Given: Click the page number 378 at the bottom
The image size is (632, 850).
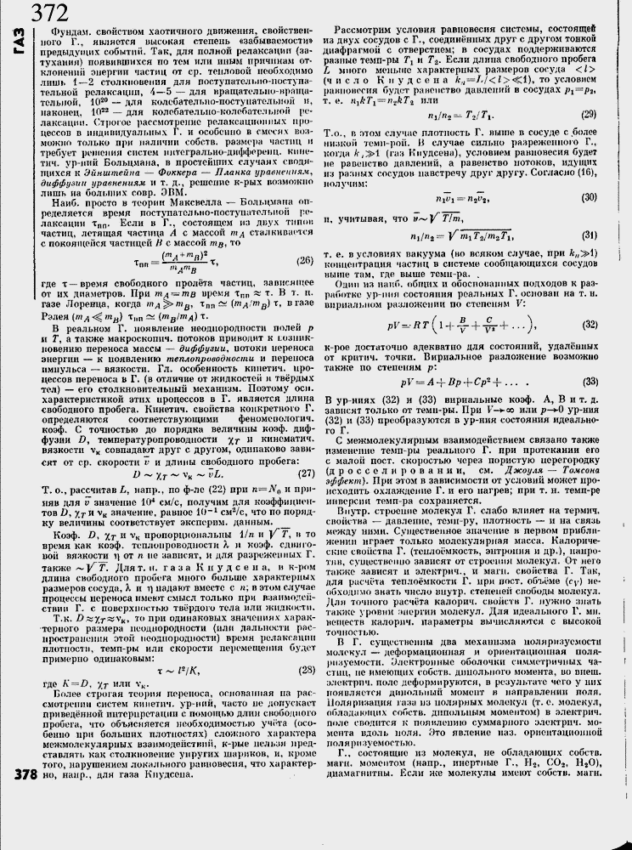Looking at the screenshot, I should point(16,773).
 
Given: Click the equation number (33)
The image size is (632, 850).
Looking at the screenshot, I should point(586,381).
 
